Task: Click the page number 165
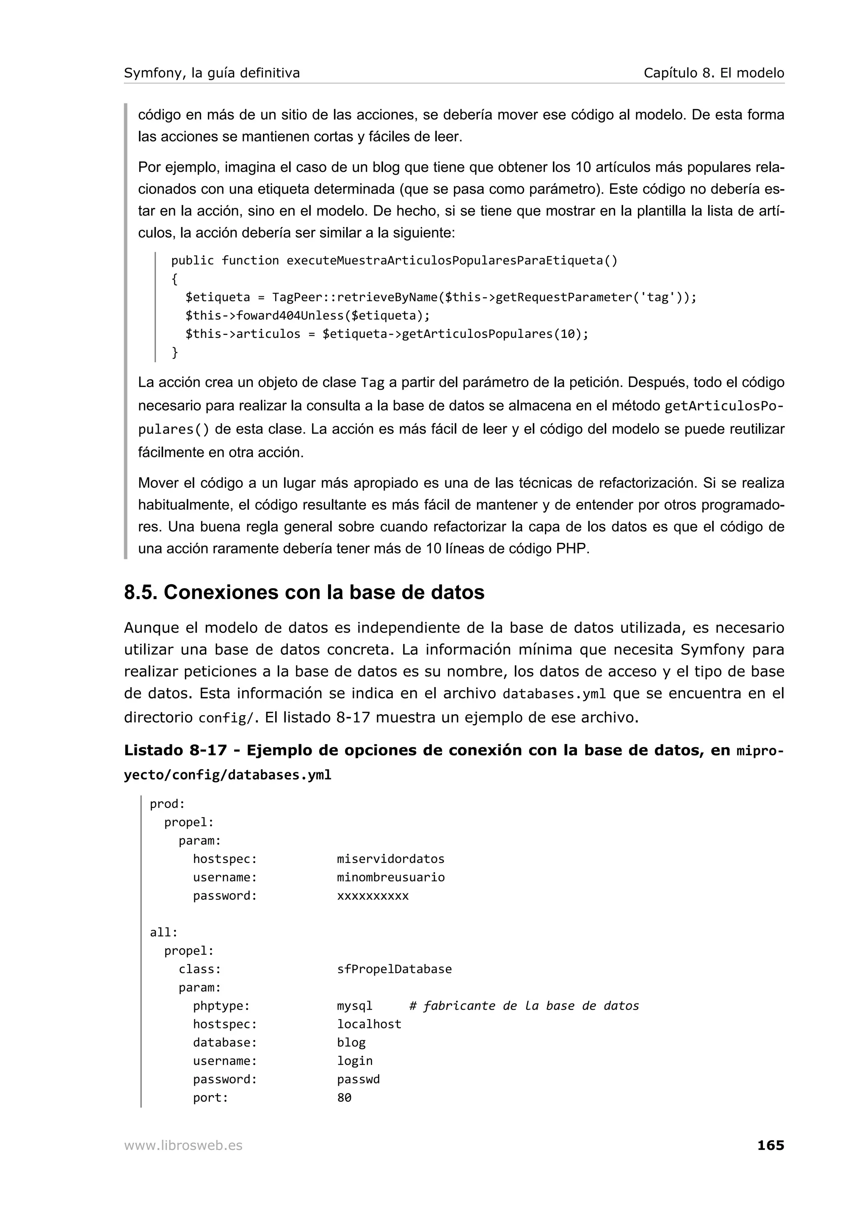tap(770, 1145)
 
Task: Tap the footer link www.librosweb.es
tap(183, 1146)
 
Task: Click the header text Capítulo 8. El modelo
tap(713, 73)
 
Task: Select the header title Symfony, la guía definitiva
tap(212, 73)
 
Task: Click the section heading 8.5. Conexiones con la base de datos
tap(304, 592)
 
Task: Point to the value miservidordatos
tap(390, 859)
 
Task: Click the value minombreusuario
tap(390, 877)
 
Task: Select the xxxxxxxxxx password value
tap(373, 895)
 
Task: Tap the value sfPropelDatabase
tap(394, 969)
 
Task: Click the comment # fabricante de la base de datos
tap(524, 1006)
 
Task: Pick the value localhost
tap(369, 1024)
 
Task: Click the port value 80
tap(344, 1098)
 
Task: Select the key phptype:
tap(221, 1006)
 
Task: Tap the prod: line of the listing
tap(167, 804)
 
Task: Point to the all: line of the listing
tap(163, 932)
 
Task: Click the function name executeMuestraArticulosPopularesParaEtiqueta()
tap(451, 260)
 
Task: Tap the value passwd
tap(358, 1079)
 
